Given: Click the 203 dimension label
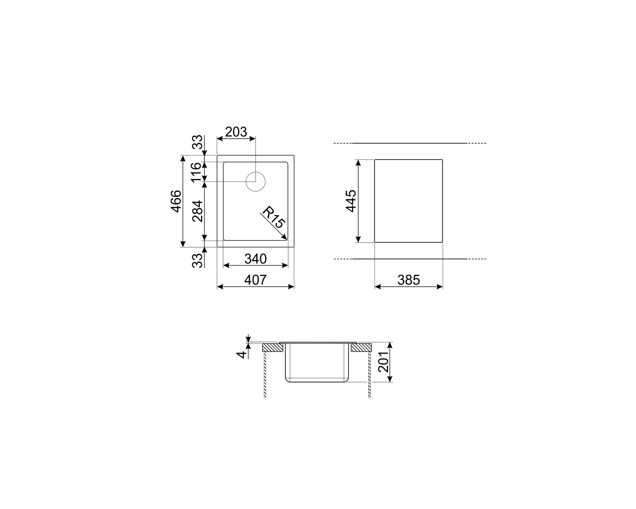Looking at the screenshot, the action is point(236,132).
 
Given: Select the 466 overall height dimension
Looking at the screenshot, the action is point(176,201).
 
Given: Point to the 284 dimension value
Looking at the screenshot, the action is point(198,211).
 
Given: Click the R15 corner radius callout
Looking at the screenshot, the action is point(273,217).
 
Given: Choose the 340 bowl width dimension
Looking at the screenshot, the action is point(255,259).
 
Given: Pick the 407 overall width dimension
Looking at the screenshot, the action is point(255,280).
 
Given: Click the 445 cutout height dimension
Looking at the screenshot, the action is point(351,201).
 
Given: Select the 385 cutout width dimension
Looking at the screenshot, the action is point(408,280).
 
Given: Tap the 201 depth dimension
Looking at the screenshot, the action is point(383,362).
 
